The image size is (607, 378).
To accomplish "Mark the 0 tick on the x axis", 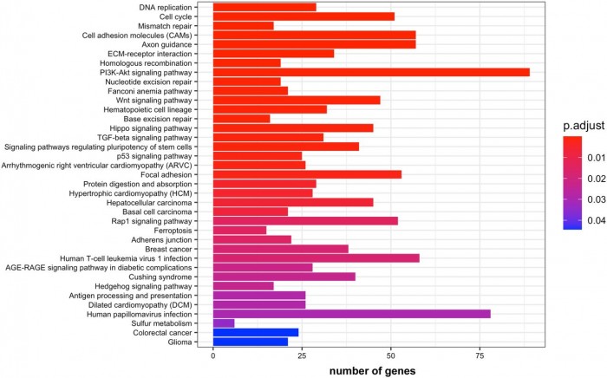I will (x=213, y=355).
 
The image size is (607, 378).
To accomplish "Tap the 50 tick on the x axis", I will (x=390, y=355).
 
